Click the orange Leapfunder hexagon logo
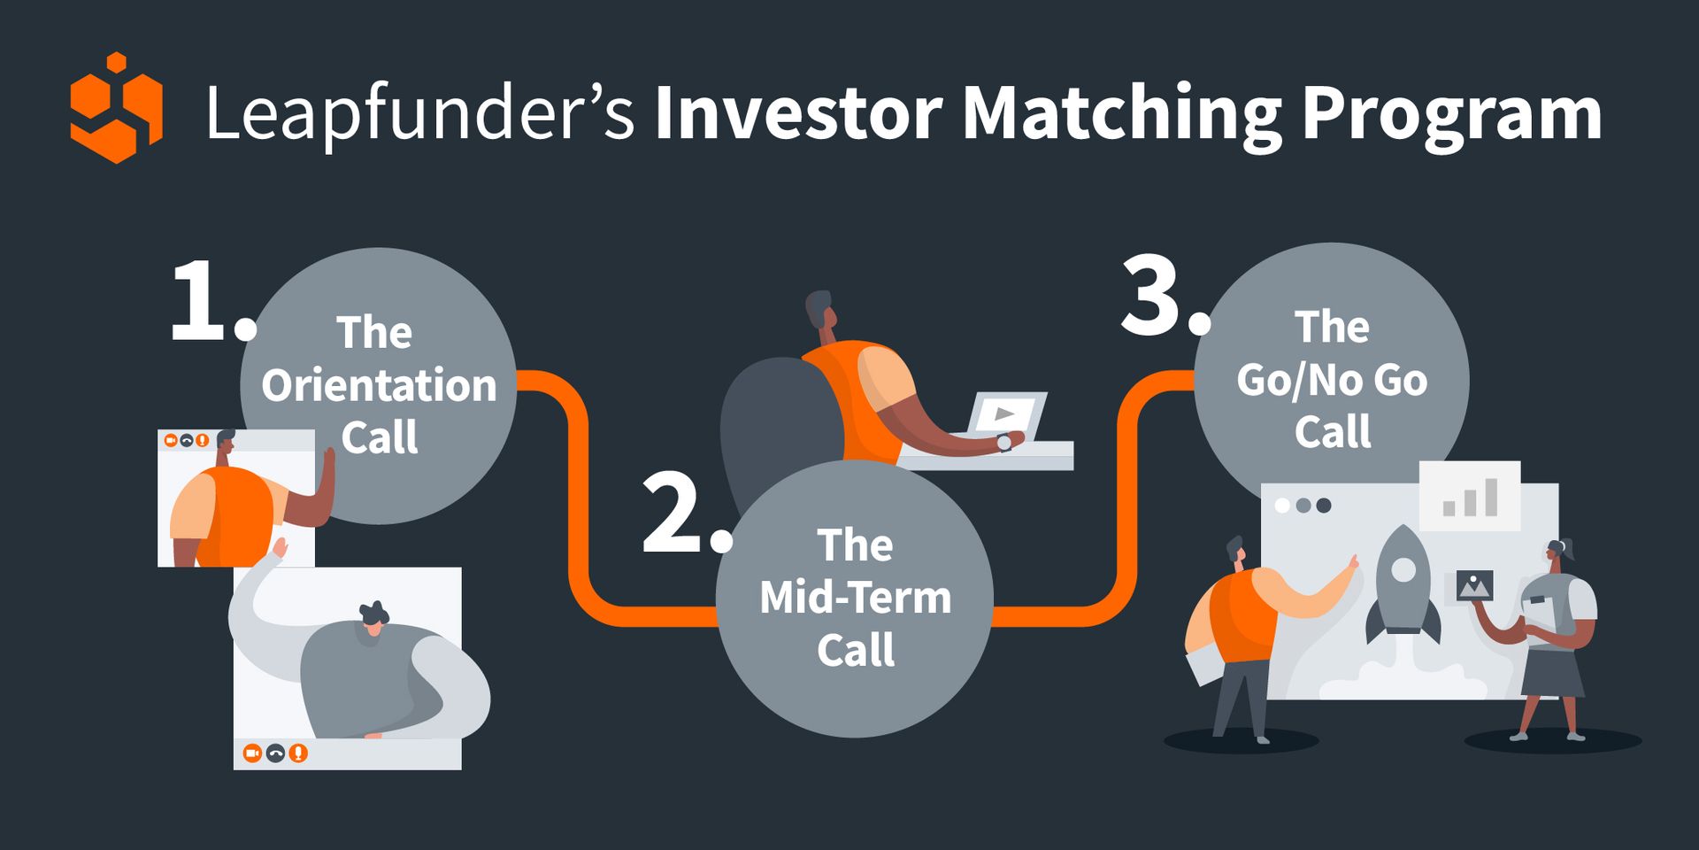pos(116,108)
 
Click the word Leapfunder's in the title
pos(419,113)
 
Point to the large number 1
pos(199,302)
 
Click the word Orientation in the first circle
pos(379,386)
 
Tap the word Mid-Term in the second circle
pos(856,598)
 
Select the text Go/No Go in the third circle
pos(1332,381)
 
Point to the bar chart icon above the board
pos(1470,496)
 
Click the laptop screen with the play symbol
pos(1006,413)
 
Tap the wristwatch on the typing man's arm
pos(1004,443)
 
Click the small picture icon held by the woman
pos(1474,585)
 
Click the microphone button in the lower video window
pos(298,753)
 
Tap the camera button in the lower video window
pos(252,753)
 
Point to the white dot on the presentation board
pos(1282,506)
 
